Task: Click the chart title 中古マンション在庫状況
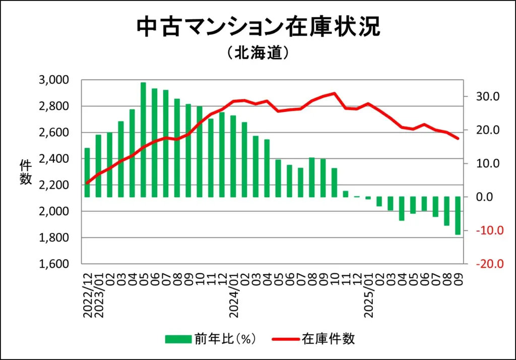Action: pos(258,28)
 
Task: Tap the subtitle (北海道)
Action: pos(257,53)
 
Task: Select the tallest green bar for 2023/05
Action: pos(144,140)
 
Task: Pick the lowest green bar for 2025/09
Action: pos(458,216)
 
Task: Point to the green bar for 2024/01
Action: pos(233,156)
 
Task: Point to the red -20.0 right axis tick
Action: pos(485,264)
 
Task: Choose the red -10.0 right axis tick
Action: pos(485,231)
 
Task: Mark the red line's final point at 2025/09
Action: pos(458,139)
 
